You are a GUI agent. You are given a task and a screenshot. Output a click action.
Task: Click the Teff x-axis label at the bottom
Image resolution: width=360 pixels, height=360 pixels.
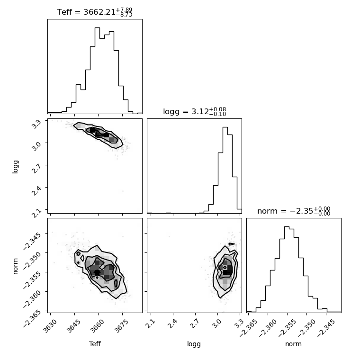(95, 344)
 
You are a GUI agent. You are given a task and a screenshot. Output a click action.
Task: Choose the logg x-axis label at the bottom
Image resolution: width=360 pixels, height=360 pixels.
(194, 344)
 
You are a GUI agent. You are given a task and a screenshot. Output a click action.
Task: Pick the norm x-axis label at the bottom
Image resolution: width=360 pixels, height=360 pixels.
(293, 344)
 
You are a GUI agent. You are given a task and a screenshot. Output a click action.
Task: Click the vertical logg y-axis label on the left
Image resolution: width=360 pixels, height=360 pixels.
(15, 167)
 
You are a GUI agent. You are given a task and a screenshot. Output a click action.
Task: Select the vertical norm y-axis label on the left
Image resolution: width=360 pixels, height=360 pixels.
(15, 266)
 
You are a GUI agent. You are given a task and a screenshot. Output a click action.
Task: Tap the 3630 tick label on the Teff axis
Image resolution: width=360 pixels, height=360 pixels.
(50, 325)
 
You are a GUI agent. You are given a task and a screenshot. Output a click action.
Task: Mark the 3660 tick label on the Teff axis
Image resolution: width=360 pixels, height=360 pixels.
(98, 325)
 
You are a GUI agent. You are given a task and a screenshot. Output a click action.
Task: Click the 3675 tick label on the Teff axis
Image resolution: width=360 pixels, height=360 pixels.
(121, 325)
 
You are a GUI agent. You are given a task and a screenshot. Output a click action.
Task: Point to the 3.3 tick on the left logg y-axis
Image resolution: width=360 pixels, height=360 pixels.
(36, 124)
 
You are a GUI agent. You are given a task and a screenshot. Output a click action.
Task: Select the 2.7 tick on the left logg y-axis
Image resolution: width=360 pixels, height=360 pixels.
(36, 169)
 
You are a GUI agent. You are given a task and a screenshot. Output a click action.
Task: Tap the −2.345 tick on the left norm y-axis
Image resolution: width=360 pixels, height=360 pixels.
(32, 240)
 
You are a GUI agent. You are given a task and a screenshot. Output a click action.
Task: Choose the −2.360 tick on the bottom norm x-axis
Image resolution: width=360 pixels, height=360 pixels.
(267, 328)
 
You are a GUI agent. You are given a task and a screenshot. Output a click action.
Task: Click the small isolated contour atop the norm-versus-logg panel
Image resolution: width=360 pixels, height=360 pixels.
(232, 244)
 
